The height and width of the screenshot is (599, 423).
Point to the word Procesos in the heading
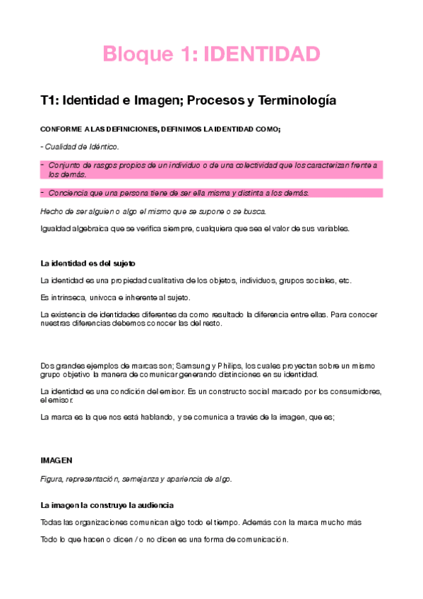tap(210, 101)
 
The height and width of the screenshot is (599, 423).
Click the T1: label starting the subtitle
tap(51, 101)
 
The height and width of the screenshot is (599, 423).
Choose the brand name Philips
tap(230, 366)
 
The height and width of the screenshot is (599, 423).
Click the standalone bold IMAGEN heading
tap(56, 461)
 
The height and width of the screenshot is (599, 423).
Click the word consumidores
tap(356, 391)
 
